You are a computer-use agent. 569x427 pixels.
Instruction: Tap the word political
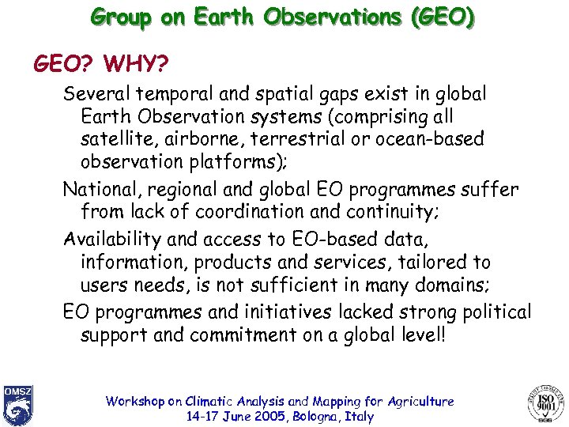pyautogui.click(x=492, y=312)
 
